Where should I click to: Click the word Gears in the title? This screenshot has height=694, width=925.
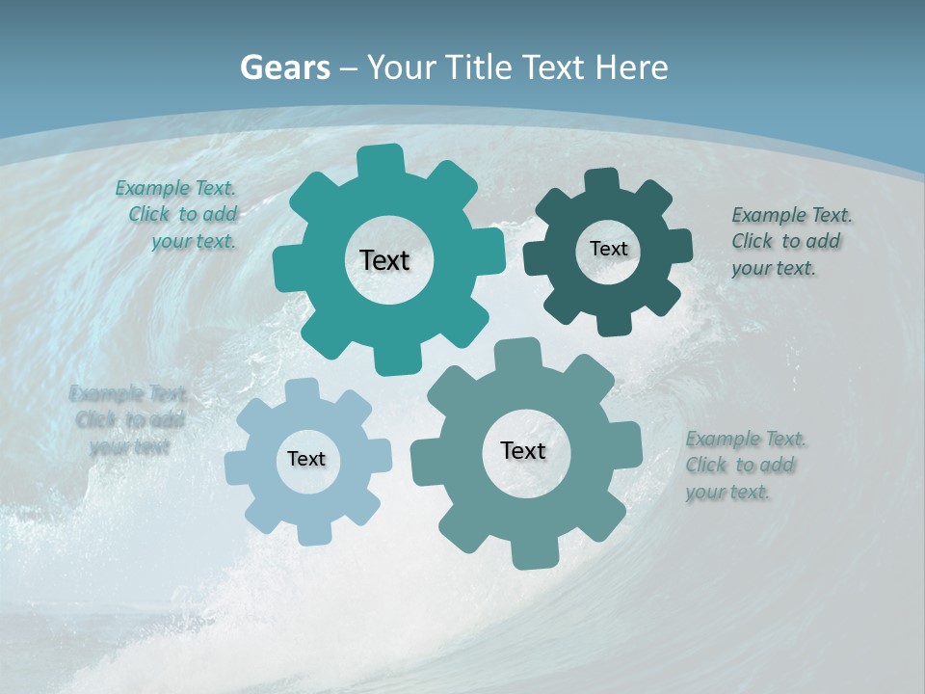[284, 67]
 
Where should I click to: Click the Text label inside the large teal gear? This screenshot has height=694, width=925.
[384, 260]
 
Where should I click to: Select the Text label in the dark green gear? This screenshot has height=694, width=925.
[608, 249]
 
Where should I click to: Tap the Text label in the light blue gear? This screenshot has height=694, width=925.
[306, 459]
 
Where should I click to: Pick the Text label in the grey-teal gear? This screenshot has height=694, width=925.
[523, 450]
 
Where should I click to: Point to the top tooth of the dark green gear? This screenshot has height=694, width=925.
[602, 182]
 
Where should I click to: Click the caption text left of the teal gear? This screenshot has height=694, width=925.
[179, 215]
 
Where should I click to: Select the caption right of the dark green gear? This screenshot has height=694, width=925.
[789, 241]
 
